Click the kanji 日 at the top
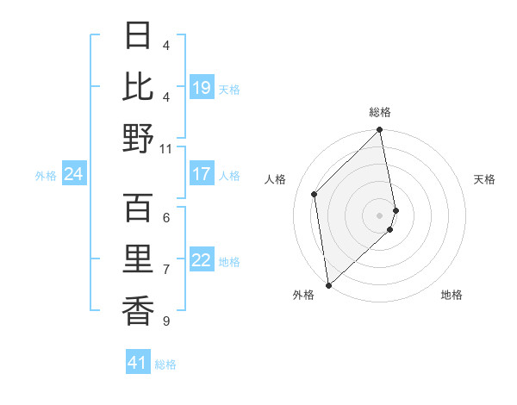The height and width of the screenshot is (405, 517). [138, 36]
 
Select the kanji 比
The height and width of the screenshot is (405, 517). [138, 87]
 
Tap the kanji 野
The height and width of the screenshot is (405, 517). [138, 138]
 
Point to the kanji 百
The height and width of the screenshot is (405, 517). [138, 208]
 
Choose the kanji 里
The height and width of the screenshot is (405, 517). [138, 259]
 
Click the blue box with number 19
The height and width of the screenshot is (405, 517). [202, 87]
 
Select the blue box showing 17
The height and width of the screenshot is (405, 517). [202, 174]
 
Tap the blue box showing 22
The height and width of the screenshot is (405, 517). [202, 260]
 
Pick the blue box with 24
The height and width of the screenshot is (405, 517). [74, 174]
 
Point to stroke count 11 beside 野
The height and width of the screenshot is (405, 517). [165, 148]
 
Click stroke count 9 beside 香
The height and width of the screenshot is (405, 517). [165, 321]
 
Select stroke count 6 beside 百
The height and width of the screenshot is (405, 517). [165, 218]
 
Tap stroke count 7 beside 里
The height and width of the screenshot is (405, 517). [165, 270]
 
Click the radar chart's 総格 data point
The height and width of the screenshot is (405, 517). [379, 131]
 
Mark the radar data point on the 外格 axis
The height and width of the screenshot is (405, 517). [328, 285]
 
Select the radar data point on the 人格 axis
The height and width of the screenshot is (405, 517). [315, 194]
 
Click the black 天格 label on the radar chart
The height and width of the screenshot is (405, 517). [484, 179]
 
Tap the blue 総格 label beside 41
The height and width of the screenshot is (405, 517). [165, 364]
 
